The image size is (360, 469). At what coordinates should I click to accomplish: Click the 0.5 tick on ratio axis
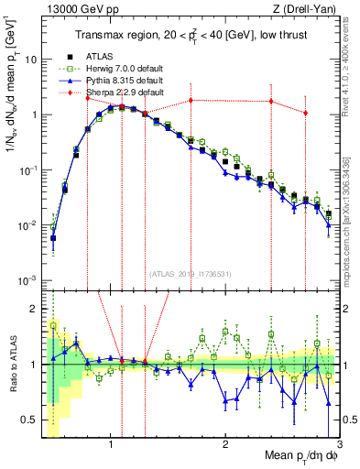[x=29, y=420]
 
